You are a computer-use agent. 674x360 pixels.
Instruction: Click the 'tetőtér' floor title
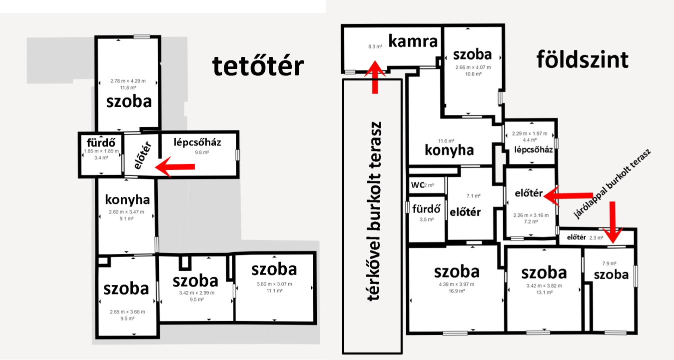pyautogui.click(x=258, y=66)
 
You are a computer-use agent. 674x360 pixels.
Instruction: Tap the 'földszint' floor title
pyautogui.click(x=583, y=59)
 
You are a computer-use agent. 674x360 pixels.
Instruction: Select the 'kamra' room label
pyautogui.click(x=413, y=41)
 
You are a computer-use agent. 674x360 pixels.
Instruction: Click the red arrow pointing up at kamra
pyautogui.click(x=375, y=77)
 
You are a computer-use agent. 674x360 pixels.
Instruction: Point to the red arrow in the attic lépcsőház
pyautogui.click(x=175, y=166)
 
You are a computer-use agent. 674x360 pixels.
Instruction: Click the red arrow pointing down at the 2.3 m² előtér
pyautogui.click(x=613, y=222)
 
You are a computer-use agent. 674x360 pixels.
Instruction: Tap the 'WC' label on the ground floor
pyautogui.click(x=418, y=185)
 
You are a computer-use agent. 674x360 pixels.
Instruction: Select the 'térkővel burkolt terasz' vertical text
pyautogui.click(x=374, y=211)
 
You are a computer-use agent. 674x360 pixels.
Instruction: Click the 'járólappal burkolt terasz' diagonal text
pyautogui.click(x=612, y=183)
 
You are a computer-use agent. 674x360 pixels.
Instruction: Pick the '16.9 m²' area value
pyautogui.click(x=457, y=291)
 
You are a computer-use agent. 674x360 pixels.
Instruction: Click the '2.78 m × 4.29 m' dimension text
pyautogui.click(x=128, y=81)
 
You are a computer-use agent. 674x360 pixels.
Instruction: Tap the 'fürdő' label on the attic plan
pyautogui.click(x=101, y=142)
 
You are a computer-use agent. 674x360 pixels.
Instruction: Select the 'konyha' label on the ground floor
pyautogui.click(x=449, y=150)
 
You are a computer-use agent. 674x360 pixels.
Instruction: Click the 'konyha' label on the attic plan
pyautogui.click(x=127, y=199)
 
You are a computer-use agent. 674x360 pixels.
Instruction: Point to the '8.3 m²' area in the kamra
pyautogui.click(x=375, y=46)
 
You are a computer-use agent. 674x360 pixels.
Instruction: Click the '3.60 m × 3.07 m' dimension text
pyautogui.click(x=274, y=284)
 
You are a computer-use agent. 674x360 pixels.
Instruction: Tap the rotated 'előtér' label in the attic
pyautogui.click(x=142, y=155)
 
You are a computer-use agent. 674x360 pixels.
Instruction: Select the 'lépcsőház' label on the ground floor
pyautogui.click(x=533, y=149)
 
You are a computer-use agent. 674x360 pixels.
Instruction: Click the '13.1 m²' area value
pyautogui.click(x=544, y=292)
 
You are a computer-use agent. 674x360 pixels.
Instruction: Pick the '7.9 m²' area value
pyautogui.click(x=610, y=263)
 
